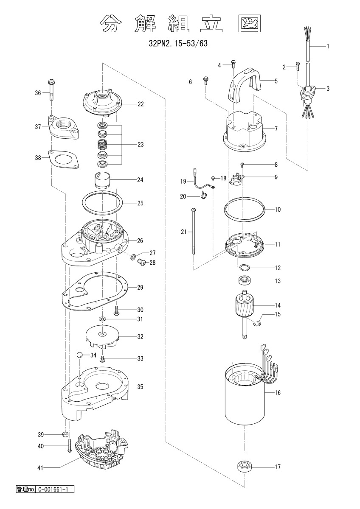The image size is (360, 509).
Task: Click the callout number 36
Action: point(38,93)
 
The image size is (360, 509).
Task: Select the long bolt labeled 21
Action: point(194,231)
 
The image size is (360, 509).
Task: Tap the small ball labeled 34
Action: point(79,355)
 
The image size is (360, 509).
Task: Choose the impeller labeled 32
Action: point(102,337)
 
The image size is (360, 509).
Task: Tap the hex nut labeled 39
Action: point(65,434)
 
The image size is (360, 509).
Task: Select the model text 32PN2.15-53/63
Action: point(178,43)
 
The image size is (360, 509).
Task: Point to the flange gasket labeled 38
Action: point(64,159)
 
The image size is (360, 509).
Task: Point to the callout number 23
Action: point(141,145)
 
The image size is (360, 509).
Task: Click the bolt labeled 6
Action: point(206,81)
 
